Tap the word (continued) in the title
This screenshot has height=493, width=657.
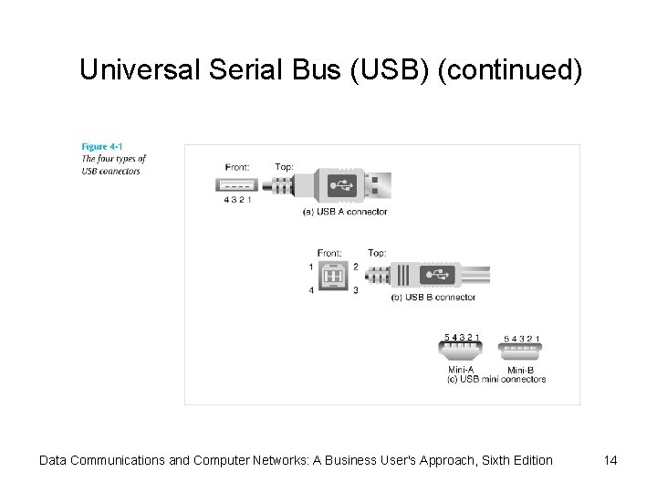pos(509,69)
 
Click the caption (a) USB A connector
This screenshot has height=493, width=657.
pos(345,212)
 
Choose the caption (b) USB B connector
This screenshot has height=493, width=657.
pos(433,298)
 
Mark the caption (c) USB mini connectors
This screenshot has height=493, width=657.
pos(496,379)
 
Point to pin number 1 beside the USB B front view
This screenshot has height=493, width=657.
pos(311,267)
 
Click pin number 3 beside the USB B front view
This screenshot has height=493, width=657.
pos(355,290)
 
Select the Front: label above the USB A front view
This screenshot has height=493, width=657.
pos(238,166)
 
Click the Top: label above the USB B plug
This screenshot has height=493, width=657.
pos(377,253)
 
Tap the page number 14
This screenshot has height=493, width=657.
pos(610,460)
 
